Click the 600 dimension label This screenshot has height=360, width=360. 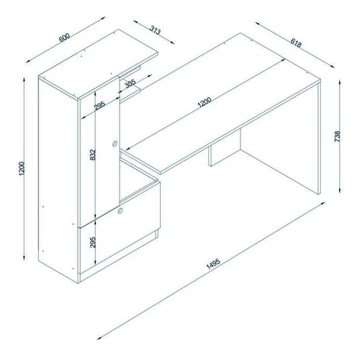(x=64, y=38)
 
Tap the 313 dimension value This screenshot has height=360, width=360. (x=155, y=31)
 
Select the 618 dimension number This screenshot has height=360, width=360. (x=296, y=43)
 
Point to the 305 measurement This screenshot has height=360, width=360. (x=130, y=83)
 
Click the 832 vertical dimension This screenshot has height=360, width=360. (x=93, y=155)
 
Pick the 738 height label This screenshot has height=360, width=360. (x=337, y=136)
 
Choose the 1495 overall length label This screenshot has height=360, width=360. (x=213, y=264)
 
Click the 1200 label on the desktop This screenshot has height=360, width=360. (x=205, y=102)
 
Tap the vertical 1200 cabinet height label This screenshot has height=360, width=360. (x=22, y=169)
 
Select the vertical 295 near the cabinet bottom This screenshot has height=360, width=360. (x=93, y=242)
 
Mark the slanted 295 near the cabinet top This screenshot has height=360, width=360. (x=100, y=106)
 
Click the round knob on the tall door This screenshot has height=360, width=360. (x=115, y=144)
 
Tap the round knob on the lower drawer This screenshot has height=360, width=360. (x=119, y=211)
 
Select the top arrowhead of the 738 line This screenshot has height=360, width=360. (x=339, y=82)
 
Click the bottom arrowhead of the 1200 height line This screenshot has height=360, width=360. (x=25, y=257)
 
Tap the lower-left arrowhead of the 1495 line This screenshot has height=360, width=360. (x=99, y=339)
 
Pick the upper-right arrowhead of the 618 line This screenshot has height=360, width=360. (x=332, y=66)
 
